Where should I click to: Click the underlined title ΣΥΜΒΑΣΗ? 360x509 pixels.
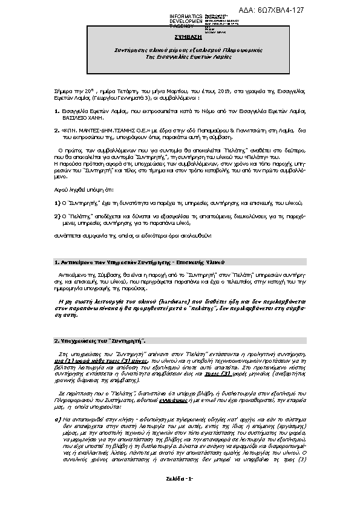point(180,36)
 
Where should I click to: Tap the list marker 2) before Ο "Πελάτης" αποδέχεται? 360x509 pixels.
point(56,215)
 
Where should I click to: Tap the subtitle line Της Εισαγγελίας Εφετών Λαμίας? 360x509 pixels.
point(180,55)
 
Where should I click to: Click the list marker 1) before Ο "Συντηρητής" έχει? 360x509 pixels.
point(56,204)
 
